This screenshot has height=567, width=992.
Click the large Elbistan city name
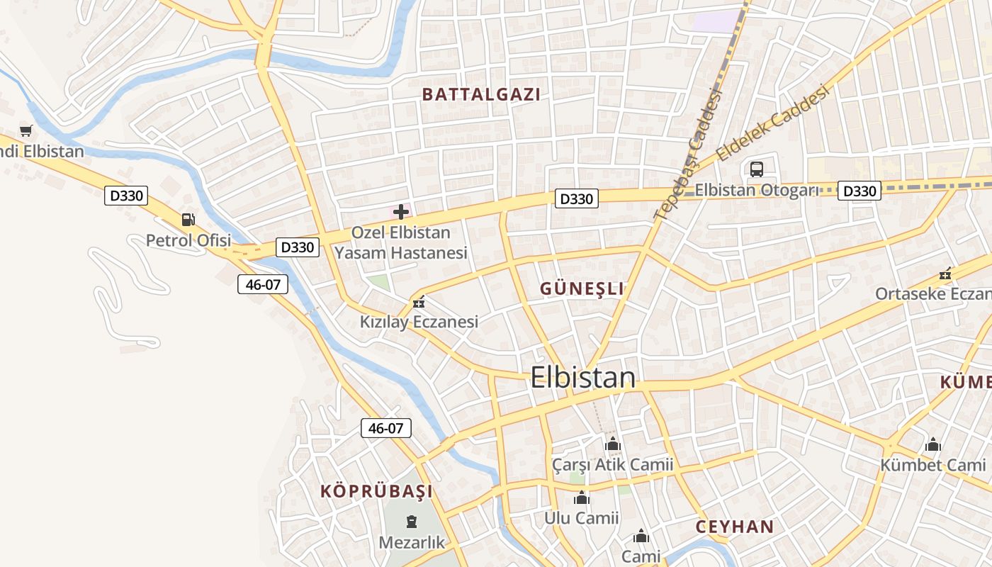[x=582, y=377]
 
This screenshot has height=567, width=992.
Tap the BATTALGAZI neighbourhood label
[x=481, y=94]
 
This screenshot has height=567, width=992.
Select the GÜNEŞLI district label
[x=582, y=288]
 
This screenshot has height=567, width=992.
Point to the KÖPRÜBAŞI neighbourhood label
[x=376, y=491]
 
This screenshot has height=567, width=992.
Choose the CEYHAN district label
[x=734, y=527]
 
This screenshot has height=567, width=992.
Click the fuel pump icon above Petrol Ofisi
[x=188, y=220]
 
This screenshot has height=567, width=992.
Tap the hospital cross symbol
[x=401, y=212]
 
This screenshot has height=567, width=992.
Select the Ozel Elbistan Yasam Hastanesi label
[x=401, y=242]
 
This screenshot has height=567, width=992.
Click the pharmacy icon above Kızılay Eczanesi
[x=419, y=303]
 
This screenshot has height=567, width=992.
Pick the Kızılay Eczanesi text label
[x=419, y=322]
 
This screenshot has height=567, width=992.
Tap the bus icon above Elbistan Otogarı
[x=757, y=169]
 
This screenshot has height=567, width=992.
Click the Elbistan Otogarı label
[x=756, y=190]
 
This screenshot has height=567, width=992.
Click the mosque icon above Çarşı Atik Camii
[x=613, y=444]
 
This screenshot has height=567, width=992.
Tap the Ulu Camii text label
[x=581, y=518]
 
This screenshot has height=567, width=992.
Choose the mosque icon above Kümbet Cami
[x=933, y=444]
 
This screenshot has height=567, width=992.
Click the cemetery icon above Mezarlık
[x=411, y=522]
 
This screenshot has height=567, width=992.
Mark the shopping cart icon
[x=26, y=130]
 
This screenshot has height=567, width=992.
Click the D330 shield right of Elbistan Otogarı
[x=859, y=191]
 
